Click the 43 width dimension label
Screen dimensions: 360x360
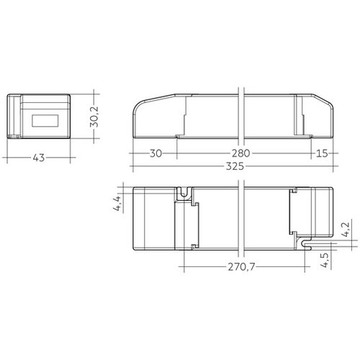tap(39, 158)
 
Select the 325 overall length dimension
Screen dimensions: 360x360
tap(235, 166)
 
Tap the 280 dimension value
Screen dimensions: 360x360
tap(240, 153)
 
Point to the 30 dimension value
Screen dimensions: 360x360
tap(156, 153)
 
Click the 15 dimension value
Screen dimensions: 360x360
tap(322, 153)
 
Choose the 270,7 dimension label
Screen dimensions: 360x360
tap(241, 266)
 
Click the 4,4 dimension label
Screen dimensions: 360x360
tap(117, 204)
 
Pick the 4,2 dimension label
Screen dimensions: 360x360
tap(346, 230)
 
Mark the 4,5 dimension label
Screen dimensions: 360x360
tap(325, 260)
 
